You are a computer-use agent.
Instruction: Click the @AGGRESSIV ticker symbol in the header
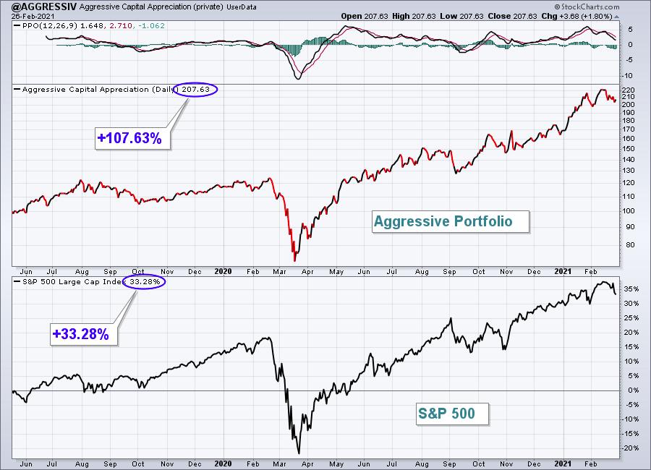click(44, 7)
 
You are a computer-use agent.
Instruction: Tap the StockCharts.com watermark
click(587, 7)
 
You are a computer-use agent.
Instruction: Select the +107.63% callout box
click(133, 138)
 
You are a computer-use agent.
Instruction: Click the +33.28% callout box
click(84, 334)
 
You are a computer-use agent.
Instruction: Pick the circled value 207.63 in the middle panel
click(195, 89)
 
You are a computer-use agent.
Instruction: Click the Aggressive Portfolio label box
click(451, 221)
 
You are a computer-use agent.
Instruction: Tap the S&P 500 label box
click(453, 414)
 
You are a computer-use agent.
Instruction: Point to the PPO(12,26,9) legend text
click(49, 26)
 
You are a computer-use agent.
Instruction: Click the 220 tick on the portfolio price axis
click(629, 90)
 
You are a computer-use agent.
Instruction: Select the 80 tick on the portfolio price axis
click(630, 244)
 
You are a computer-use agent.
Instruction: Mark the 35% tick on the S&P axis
click(631, 289)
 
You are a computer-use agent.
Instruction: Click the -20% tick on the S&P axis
click(630, 448)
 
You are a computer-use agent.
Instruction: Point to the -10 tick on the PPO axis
click(627, 76)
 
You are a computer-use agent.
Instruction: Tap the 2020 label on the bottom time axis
click(223, 463)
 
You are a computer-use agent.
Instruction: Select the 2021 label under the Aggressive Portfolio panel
click(563, 271)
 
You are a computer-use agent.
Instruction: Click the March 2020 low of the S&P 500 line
click(299, 453)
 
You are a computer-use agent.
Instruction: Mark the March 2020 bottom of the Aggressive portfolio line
click(295, 261)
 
